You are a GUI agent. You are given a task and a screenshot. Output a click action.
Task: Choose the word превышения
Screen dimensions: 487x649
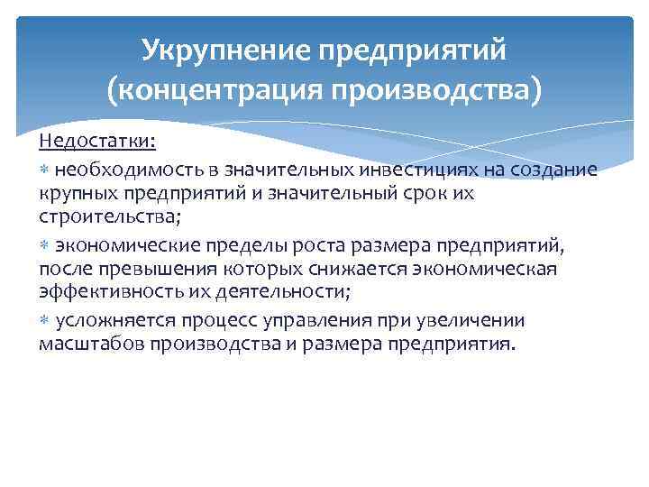(x=141, y=269)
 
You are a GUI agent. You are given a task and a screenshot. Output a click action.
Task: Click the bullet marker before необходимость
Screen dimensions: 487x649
(x=45, y=170)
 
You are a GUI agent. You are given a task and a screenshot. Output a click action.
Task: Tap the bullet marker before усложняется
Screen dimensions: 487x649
(x=45, y=320)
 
